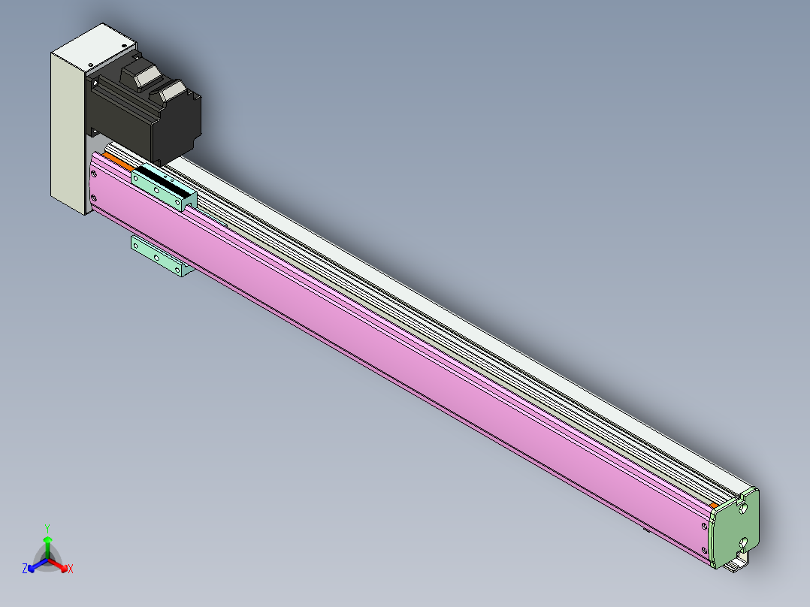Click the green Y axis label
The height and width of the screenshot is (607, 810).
pyautogui.click(x=47, y=528)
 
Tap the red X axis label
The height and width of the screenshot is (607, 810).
pyautogui.click(x=71, y=569)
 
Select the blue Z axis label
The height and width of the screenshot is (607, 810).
pyautogui.click(x=25, y=569)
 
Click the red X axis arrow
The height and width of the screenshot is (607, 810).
pyautogui.click(x=58, y=564)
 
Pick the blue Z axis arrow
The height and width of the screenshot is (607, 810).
pyautogui.click(x=38, y=565)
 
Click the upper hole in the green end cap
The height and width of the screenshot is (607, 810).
pyautogui.click(x=743, y=509)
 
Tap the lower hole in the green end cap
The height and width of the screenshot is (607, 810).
pyautogui.click(x=743, y=542)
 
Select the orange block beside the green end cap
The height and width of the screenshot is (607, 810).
pyautogui.click(x=713, y=506)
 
